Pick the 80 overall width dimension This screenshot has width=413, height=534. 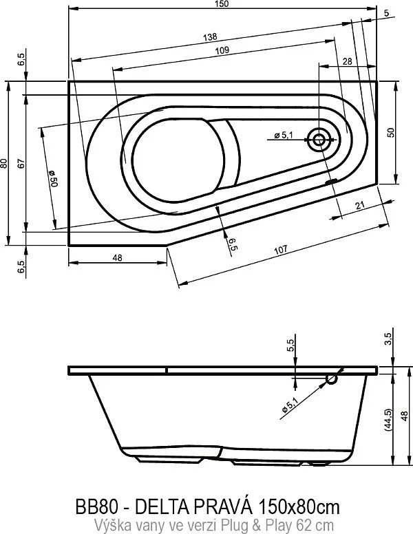pyautogui.click(x=5, y=163)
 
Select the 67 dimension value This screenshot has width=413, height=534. pyautogui.click(x=22, y=163)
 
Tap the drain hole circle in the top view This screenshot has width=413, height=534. pyautogui.click(x=319, y=140)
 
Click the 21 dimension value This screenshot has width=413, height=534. pyautogui.click(x=359, y=206)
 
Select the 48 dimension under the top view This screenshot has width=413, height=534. pyautogui.click(x=117, y=257)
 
